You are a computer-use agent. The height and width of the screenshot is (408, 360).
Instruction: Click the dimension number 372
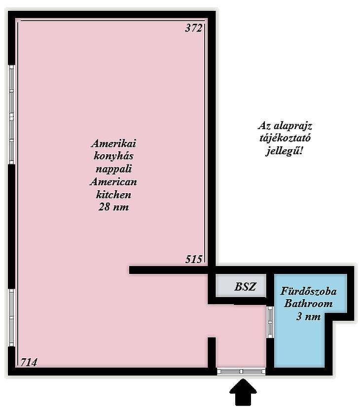click(x=193, y=28)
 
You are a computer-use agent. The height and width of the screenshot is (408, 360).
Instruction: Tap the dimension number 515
click(x=193, y=259)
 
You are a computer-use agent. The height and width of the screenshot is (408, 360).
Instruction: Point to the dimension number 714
click(x=29, y=362)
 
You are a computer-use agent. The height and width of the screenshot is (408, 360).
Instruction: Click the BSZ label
click(x=245, y=287)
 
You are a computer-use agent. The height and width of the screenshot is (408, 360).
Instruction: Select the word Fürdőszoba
click(x=308, y=291)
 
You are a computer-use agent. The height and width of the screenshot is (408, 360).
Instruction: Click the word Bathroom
click(x=308, y=304)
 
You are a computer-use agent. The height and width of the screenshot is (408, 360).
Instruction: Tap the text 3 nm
click(x=308, y=316)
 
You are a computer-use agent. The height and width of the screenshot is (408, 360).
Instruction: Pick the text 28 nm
click(x=113, y=207)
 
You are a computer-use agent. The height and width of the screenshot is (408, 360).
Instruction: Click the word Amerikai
click(x=113, y=143)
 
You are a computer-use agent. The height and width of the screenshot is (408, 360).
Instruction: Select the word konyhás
click(x=113, y=156)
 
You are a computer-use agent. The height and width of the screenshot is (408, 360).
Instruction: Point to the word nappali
click(x=113, y=169)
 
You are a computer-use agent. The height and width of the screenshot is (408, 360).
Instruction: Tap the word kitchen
click(x=113, y=194)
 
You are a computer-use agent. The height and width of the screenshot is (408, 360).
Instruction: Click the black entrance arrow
click(x=243, y=393)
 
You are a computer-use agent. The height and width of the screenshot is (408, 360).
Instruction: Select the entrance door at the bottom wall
click(x=242, y=372)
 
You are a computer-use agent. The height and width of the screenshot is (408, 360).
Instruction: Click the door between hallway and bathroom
click(x=270, y=322)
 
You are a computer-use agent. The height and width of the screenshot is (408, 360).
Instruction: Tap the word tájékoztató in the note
click(x=285, y=138)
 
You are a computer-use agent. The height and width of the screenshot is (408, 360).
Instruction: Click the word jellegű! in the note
click(x=285, y=151)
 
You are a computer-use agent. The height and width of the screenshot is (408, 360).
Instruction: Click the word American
click(x=113, y=182)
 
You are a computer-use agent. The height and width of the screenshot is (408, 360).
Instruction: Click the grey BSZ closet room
click(x=241, y=285)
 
